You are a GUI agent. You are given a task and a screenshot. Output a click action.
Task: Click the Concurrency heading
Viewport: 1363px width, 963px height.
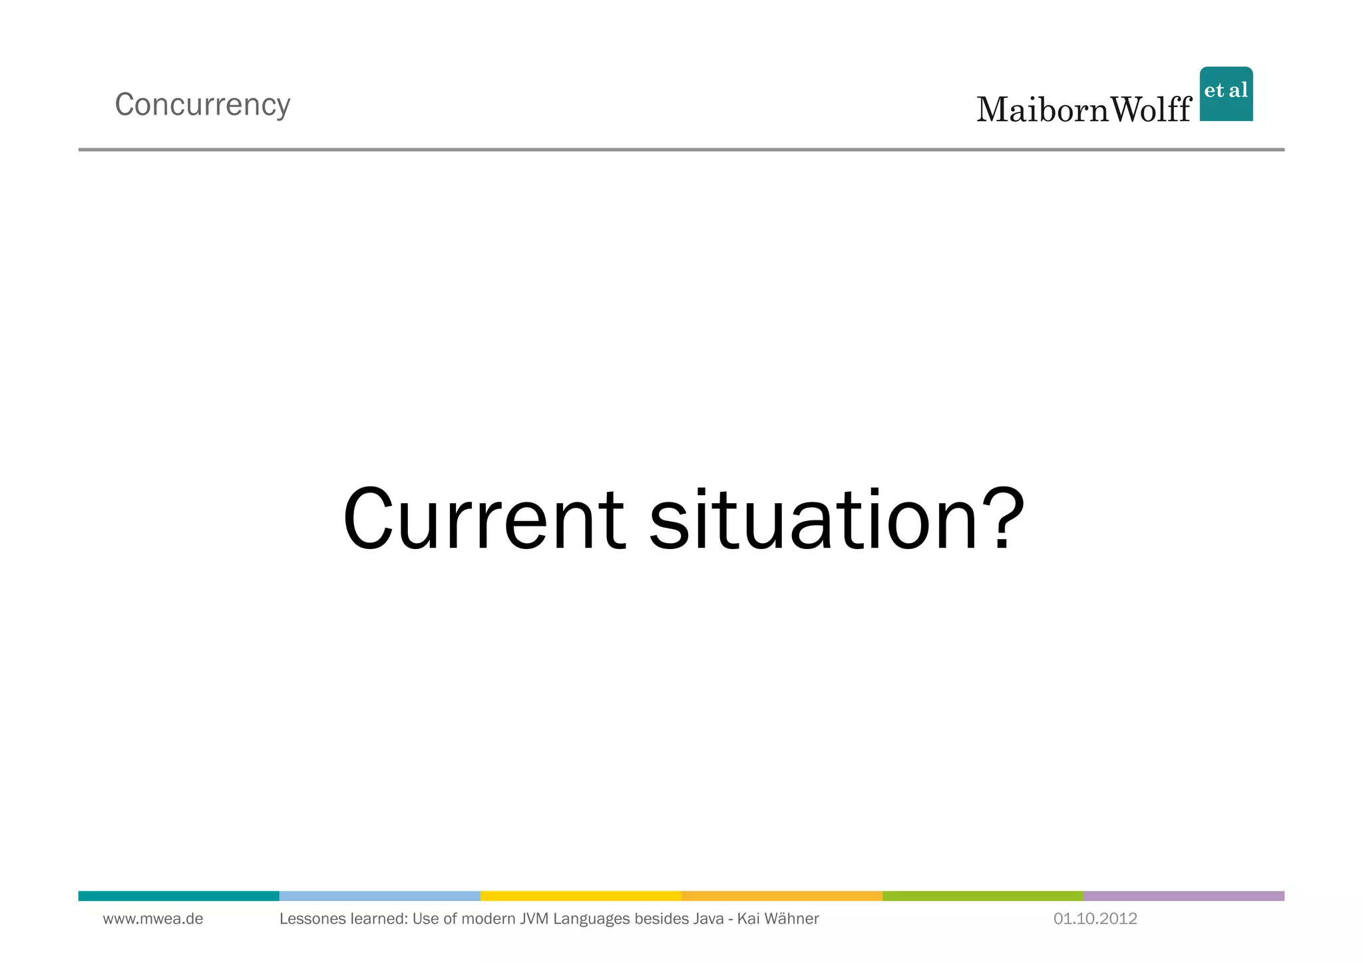(x=202, y=105)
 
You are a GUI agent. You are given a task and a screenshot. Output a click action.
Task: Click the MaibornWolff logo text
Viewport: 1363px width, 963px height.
(x=1083, y=110)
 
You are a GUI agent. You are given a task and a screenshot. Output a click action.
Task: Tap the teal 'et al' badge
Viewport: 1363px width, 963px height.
(x=1226, y=94)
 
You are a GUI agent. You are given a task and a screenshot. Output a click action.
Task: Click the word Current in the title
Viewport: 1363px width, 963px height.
(x=484, y=520)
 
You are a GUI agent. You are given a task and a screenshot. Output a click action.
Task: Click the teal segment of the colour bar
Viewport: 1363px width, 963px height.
(x=178, y=896)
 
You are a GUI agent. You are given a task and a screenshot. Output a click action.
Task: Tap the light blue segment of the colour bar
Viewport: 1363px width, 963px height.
(x=379, y=896)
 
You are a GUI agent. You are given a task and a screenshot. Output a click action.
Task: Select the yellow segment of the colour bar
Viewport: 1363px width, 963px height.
(x=580, y=896)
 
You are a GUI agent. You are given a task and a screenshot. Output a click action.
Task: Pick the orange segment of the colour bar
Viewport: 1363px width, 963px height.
(x=781, y=896)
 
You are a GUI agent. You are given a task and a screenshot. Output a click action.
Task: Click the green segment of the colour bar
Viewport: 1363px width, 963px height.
(x=982, y=896)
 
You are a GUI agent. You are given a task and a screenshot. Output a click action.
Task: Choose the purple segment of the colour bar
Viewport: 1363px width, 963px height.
(x=1183, y=896)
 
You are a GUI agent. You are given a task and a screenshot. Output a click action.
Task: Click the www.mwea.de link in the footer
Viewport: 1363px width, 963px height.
(x=153, y=919)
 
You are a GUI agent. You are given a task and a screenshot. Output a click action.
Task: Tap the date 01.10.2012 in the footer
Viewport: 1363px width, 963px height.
(x=1095, y=919)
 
